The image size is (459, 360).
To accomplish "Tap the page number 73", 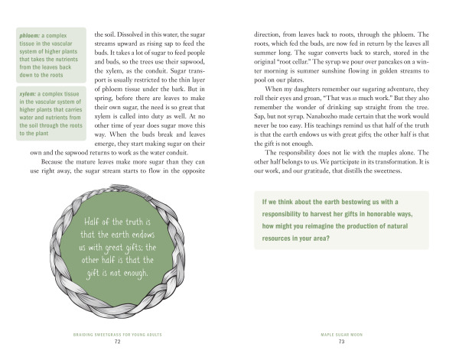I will [x=341, y=341].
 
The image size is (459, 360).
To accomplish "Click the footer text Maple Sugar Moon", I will [x=341, y=334].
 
